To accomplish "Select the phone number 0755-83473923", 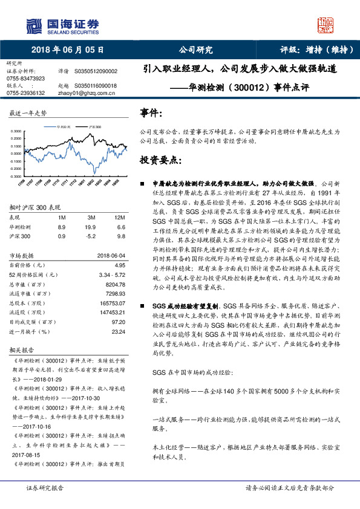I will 25,79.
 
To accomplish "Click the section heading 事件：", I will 151,113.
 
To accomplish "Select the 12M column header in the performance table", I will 119,216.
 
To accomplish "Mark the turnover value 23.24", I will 118,331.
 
